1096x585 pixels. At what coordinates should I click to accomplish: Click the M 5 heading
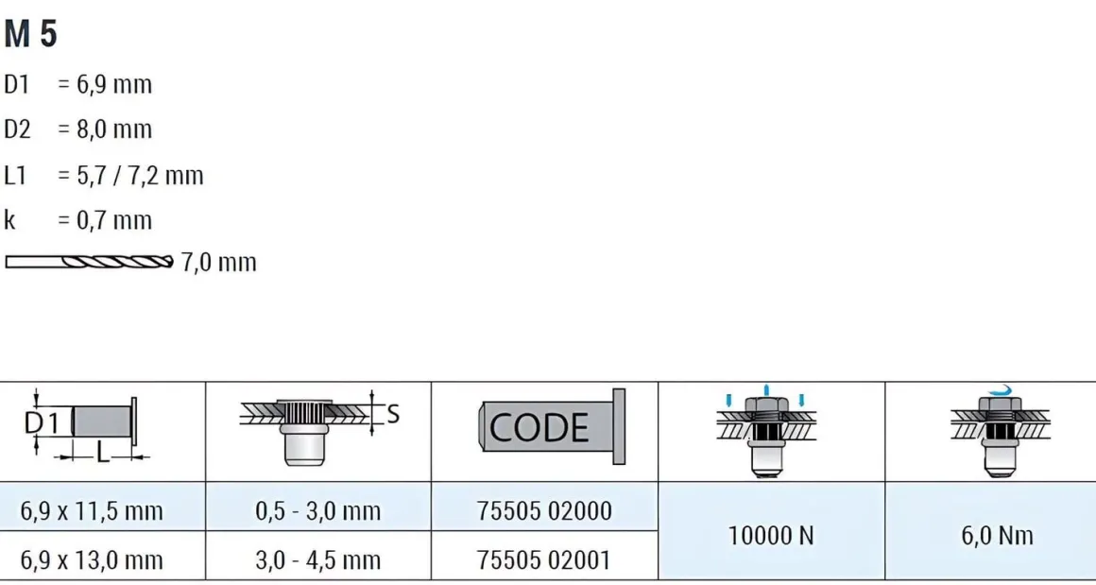point(30,34)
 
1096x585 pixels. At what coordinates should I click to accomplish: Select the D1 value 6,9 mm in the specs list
point(112,85)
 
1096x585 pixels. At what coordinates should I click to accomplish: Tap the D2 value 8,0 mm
point(112,129)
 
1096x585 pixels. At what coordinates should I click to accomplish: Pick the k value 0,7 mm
point(112,220)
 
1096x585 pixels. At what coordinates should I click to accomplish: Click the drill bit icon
point(89,262)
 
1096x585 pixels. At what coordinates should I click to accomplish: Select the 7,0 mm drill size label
point(218,262)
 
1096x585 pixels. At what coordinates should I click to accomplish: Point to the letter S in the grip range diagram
point(393,413)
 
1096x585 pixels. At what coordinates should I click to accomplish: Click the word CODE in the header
point(539,428)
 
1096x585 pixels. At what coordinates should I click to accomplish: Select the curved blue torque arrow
point(998,389)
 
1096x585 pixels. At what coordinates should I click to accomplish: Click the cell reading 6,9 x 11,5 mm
point(92,511)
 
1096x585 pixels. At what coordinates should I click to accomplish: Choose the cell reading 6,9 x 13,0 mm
point(92,559)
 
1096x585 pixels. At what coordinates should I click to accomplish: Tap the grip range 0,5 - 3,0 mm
point(318,511)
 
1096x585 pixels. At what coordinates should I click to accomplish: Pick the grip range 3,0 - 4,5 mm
point(318,559)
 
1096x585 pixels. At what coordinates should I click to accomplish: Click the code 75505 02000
point(544,511)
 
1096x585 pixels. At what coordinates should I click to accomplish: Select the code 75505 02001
point(544,559)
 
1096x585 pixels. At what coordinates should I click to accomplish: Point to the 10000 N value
point(771,536)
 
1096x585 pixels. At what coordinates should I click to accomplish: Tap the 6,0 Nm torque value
point(998,536)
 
